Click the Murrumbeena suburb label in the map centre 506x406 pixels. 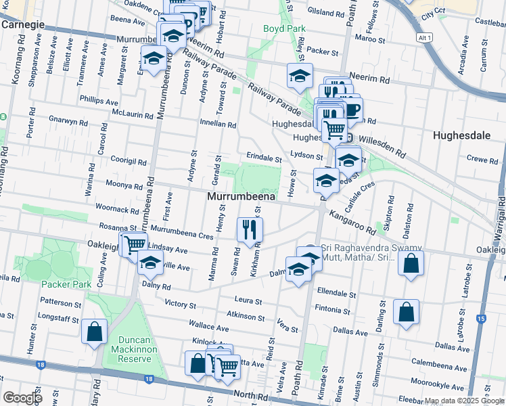tap(241, 196)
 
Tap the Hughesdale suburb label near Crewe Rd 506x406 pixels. tap(461, 135)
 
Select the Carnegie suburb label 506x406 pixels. tap(23, 24)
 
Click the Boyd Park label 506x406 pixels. tap(285, 28)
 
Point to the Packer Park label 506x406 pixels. tap(66, 284)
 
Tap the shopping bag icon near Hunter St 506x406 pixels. tap(94, 332)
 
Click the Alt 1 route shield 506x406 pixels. tap(425, 38)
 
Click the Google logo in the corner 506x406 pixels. tap(22, 398)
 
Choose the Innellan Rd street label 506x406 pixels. tap(218, 125)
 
